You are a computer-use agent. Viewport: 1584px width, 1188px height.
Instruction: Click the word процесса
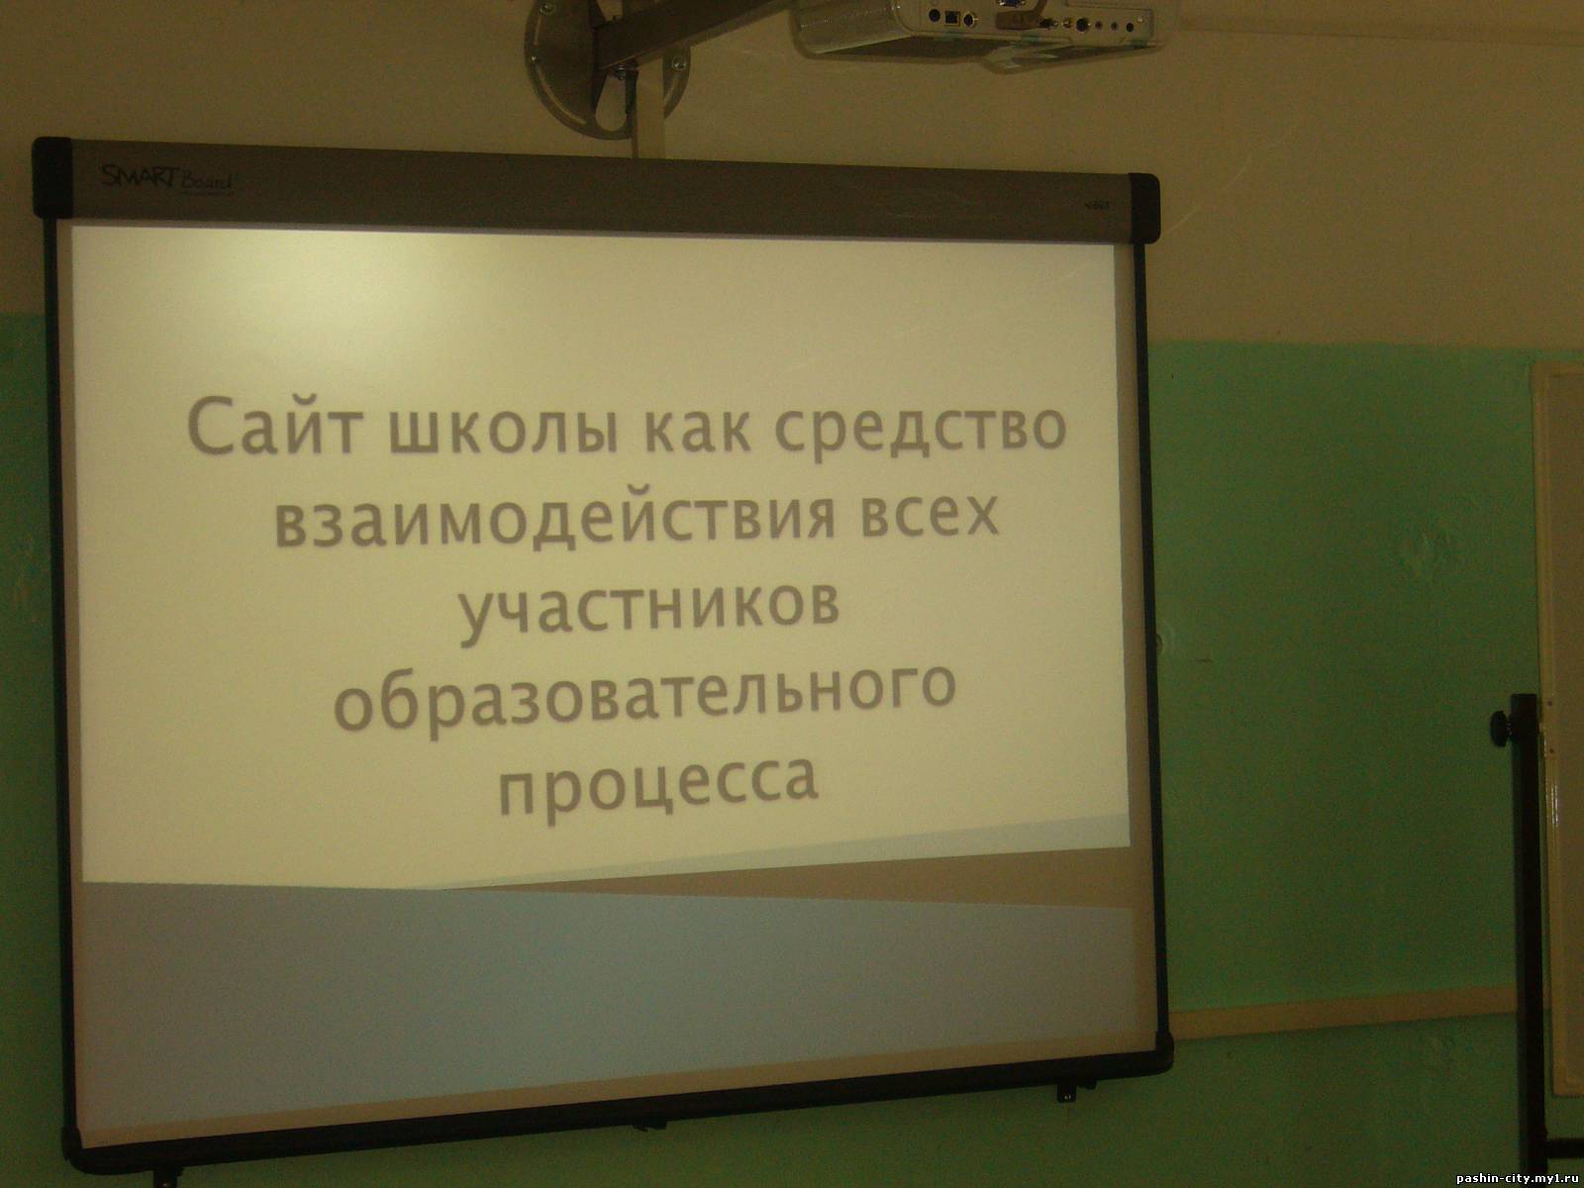click(659, 785)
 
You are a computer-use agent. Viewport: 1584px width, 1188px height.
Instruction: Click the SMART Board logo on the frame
click(167, 179)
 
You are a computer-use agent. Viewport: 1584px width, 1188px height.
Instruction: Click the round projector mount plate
click(605, 66)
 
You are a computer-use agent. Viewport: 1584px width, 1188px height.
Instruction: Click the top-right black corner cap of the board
click(1144, 209)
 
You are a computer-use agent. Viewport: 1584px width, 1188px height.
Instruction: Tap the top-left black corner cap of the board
click(52, 178)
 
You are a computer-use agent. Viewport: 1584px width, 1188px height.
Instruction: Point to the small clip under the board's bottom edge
click(1066, 1091)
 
